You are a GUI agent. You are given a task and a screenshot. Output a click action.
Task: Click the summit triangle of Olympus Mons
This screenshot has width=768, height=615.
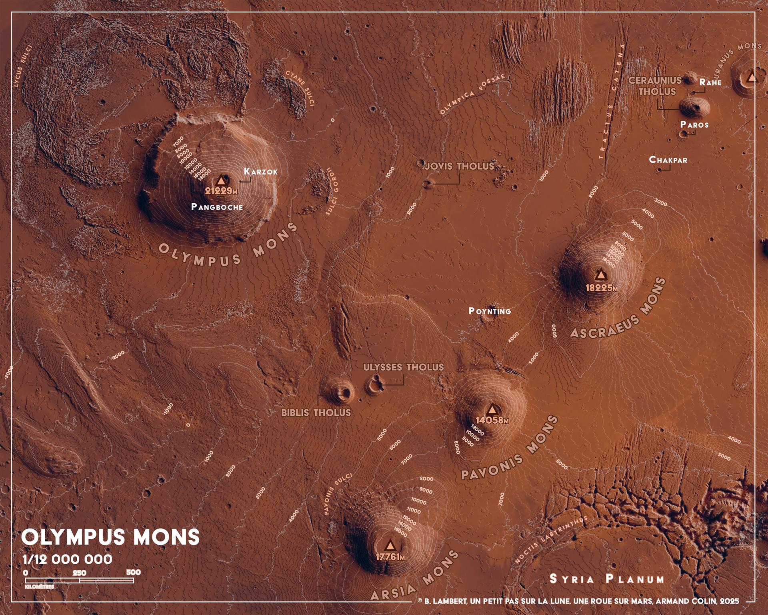(x=221, y=180)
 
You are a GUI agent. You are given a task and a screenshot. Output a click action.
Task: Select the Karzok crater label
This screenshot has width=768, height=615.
(x=260, y=172)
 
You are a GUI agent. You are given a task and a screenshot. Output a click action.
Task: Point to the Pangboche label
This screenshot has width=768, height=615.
(x=217, y=207)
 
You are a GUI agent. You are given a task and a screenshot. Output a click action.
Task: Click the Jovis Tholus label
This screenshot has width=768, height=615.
(x=459, y=166)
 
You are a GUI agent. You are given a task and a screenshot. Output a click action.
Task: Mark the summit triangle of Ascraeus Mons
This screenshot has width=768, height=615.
(x=600, y=275)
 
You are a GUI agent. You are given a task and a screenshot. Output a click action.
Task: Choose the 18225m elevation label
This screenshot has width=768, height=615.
(x=602, y=287)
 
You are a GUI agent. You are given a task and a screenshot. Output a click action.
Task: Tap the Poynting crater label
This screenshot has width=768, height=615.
(x=490, y=311)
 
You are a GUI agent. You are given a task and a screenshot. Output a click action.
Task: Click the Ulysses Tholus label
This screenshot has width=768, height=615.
(x=403, y=367)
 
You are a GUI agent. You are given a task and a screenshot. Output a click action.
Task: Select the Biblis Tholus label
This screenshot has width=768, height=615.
(x=316, y=413)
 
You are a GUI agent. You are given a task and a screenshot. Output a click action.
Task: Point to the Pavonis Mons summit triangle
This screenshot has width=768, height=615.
(x=492, y=409)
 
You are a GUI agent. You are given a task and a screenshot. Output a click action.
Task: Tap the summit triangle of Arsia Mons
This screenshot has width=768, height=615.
(x=390, y=545)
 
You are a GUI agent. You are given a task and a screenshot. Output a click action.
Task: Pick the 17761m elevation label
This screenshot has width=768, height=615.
(x=390, y=557)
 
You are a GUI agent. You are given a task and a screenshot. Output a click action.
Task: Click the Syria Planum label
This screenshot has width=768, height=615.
(x=607, y=579)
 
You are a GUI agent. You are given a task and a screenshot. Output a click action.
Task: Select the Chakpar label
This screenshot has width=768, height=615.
(x=668, y=160)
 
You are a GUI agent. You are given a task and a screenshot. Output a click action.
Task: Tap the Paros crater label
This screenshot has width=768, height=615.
(x=694, y=125)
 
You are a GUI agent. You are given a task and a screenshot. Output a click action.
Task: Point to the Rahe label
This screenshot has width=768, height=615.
(x=710, y=82)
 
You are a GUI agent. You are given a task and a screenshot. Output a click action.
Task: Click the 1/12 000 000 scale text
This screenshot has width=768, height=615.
(x=67, y=559)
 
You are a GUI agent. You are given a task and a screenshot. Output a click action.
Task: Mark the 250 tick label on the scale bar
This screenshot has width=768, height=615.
(x=79, y=573)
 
